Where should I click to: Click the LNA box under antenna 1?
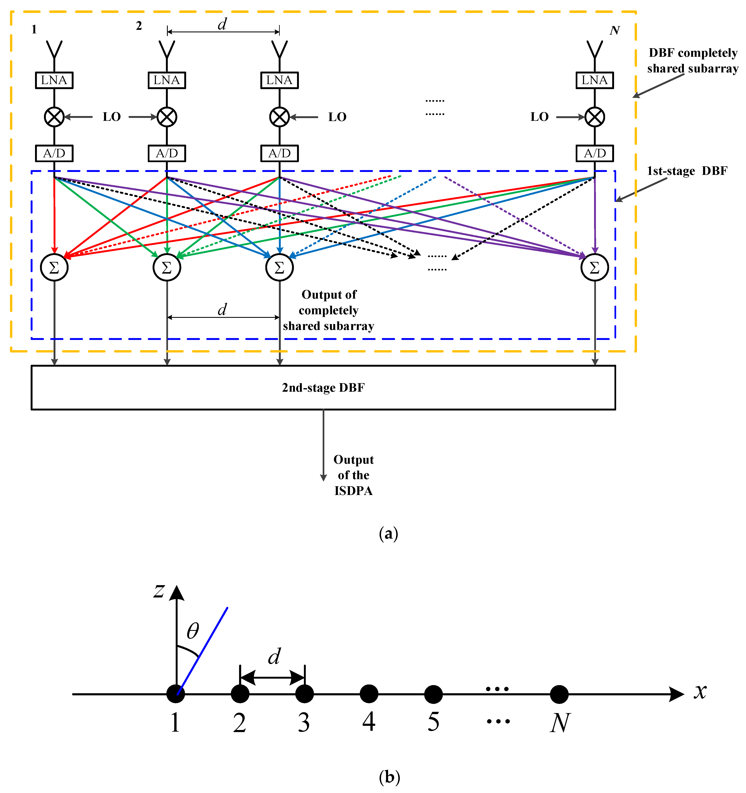pyautogui.click(x=54, y=80)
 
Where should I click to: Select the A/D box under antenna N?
pyautogui.click(x=594, y=153)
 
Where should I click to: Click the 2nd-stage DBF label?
pyautogui.click(x=323, y=388)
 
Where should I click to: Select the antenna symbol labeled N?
pyautogui.click(x=594, y=50)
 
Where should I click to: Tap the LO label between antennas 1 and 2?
pyautogui.click(x=112, y=117)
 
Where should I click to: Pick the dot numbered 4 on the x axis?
pyautogui.click(x=369, y=694)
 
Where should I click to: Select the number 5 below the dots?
pyautogui.click(x=434, y=722)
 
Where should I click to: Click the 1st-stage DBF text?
pyautogui.click(x=687, y=171)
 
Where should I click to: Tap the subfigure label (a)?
pyautogui.click(x=389, y=533)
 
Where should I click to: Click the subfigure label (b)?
pyautogui.click(x=389, y=777)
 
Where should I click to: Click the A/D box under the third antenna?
pyautogui.click(x=279, y=153)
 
